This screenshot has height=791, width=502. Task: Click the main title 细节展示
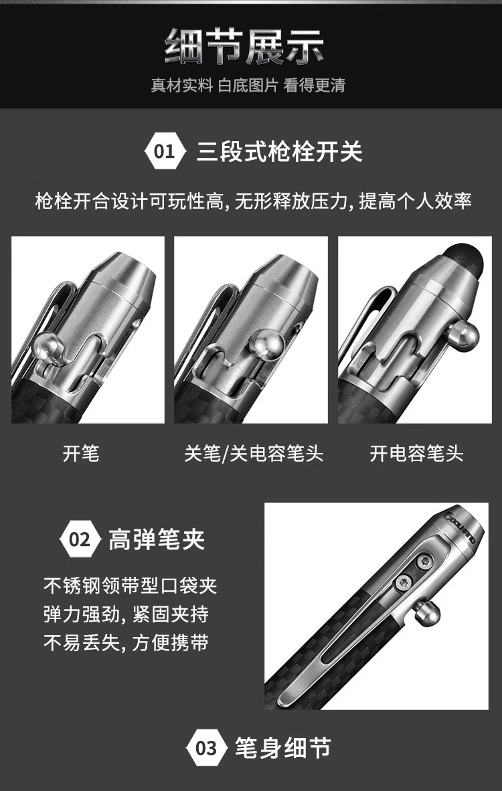pyautogui.click(x=244, y=46)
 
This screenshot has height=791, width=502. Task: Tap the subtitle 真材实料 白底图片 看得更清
pyautogui.click(x=248, y=85)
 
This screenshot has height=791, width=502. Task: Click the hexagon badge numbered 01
pyautogui.click(x=163, y=151)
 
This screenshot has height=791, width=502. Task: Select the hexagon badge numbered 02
pyautogui.click(x=79, y=539)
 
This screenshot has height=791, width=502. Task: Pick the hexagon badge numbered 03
pyautogui.click(x=205, y=748)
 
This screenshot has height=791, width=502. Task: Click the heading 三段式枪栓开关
pyautogui.click(x=280, y=151)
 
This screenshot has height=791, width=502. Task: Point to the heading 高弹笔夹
pyautogui.click(x=157, y=539)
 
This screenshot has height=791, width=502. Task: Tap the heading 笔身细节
pyautogui.click(x=282, y=748)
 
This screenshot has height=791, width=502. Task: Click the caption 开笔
pyautogui.click(x=81, y=453)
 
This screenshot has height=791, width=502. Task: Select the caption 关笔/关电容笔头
pyautogui.click(x=253, y=453)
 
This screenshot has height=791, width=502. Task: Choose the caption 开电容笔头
pyautogui.click(x=416, y=453)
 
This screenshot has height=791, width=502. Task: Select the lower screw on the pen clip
pyautogui.click(x=404, y=583)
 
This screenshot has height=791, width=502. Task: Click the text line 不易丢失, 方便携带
pyautogui.click(x=126, y=643)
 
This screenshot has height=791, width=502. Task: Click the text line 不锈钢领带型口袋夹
pyautogui.click(x=130, y=586)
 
